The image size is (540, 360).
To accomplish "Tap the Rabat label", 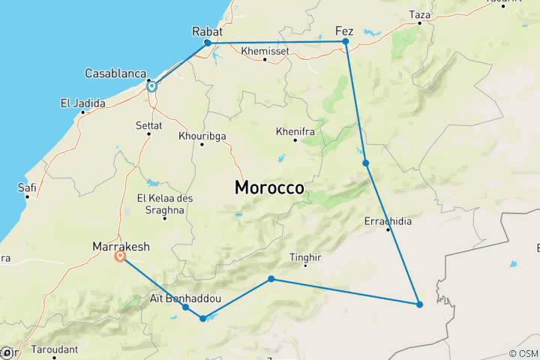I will pos(208,31).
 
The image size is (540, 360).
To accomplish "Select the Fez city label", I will pos(344,31).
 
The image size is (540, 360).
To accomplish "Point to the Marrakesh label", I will pos(121,246).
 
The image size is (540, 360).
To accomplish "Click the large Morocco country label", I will pos(270,187).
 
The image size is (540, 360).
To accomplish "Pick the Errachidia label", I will pos(388,221).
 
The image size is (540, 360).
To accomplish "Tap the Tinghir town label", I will pos(305,258).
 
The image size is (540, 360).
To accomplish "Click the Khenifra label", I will pos(294,130).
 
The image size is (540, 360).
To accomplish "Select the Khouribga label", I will pos(202,136).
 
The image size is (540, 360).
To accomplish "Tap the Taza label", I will pos(420,14).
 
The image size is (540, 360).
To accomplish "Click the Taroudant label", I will pos(54,349).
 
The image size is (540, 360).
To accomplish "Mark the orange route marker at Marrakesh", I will pos(120,256).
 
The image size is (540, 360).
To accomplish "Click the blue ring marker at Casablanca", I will pos(151,86).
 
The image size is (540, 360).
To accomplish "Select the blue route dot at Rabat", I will pos(208,43).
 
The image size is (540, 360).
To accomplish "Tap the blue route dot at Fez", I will pos(346,42).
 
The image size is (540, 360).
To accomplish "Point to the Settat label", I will pos(149,124).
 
